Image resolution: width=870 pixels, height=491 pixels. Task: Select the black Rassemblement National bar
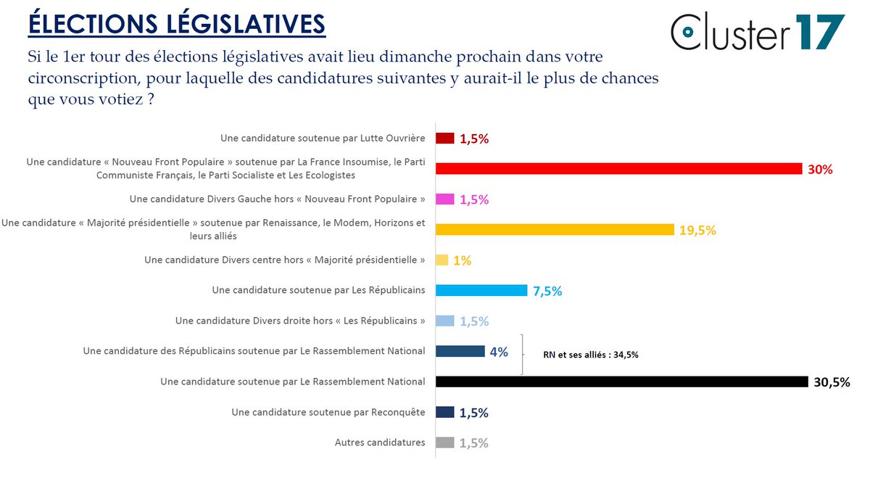point(621,381)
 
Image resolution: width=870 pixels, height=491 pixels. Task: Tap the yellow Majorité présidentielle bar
point(555,230)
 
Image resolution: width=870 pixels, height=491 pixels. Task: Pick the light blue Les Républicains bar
point(481,291)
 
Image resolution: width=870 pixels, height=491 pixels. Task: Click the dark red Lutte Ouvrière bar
point(445,139)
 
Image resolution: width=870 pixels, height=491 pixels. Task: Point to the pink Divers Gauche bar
point(445,199)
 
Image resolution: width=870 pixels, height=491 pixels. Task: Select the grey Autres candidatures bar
point(445,442)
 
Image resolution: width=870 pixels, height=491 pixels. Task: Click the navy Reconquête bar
point(445,412)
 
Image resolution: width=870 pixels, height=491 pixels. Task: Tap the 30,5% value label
point(831,382)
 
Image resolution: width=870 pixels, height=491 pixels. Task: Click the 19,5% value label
point(697,231)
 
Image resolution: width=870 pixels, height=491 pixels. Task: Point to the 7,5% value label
point(547,292)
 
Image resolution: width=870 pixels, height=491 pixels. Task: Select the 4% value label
point(499,352)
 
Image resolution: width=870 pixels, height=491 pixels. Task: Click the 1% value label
point(462,260)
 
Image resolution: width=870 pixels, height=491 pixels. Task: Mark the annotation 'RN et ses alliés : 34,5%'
point(591,355)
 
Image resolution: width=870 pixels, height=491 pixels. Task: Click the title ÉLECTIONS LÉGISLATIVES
point(176,23)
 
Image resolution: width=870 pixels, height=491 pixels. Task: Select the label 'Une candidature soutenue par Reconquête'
point(328,412)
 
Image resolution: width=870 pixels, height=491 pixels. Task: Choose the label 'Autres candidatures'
point(380,442)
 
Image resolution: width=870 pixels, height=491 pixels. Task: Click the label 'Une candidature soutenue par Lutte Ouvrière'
point(323,138)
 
